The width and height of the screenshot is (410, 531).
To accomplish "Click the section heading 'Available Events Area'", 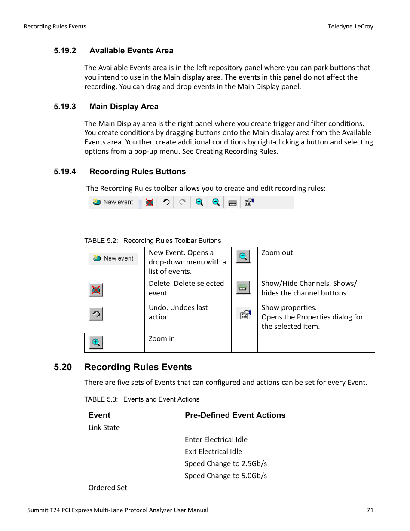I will [131, 51].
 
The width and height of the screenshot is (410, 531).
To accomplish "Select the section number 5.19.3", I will [65, 107].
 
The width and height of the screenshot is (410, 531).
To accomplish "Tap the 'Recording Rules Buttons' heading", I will [138, 172].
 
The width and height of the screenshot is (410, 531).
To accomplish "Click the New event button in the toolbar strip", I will [113, 202].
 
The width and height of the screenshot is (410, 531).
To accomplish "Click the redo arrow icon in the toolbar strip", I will [183, 202].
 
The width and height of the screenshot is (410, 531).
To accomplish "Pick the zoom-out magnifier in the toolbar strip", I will [216, 202].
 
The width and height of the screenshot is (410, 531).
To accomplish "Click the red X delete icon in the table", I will [96, 290].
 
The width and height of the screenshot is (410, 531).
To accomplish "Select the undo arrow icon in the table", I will [96, 314].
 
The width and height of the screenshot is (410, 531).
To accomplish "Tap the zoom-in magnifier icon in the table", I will [96, 343].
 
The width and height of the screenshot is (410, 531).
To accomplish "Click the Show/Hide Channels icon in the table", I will [243, 288].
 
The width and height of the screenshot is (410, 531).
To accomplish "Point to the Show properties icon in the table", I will [245, 315].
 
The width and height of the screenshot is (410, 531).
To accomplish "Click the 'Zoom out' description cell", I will [277, 253].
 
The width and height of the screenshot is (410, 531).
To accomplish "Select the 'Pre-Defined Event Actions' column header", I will [235, 415].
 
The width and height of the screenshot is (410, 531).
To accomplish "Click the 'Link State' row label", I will [104, 428].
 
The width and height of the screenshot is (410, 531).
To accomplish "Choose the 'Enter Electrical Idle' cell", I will [216, 440].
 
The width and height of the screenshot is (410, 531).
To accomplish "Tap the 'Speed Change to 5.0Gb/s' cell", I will [226, 476].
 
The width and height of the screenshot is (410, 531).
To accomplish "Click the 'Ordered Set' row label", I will [108, 488].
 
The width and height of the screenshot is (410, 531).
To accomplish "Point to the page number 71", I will [370, 510].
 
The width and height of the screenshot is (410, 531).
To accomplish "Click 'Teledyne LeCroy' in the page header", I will [350, 27].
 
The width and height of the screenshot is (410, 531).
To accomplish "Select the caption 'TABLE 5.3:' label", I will [101, 399].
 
